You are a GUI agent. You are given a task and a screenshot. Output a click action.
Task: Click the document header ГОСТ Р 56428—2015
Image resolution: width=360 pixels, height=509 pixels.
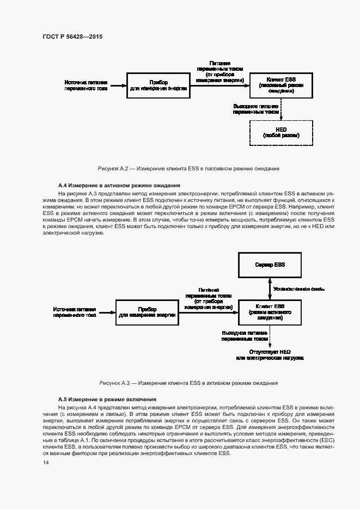click(x=72, y=36)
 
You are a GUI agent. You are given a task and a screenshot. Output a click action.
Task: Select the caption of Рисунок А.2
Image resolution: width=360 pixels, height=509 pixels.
click(x=188, y=169)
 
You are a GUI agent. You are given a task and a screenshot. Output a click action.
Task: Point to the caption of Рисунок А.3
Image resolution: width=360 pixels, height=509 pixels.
click(x=188, y=383)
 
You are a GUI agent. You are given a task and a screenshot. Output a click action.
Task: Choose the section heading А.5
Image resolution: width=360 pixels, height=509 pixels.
click(x=107, y=399)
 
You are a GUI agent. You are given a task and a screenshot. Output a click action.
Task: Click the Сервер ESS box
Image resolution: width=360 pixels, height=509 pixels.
click(x=270, y=265)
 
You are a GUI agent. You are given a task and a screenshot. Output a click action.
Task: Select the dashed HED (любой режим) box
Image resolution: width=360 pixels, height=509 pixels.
click(x=281, y=132)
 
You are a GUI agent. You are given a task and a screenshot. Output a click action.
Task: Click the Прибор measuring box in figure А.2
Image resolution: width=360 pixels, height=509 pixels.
click(x=158, y=85)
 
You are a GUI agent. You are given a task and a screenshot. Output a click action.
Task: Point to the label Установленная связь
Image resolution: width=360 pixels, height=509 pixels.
click(x=299, y=289)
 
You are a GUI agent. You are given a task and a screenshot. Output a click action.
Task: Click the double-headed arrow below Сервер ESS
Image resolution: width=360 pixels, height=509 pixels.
click(x=270, y=289)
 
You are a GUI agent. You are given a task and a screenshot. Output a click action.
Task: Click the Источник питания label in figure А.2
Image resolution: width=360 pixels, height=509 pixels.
click(x=86, y=85)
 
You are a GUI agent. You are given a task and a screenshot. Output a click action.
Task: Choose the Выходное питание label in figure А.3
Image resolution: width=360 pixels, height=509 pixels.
click(x=245, y=335)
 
